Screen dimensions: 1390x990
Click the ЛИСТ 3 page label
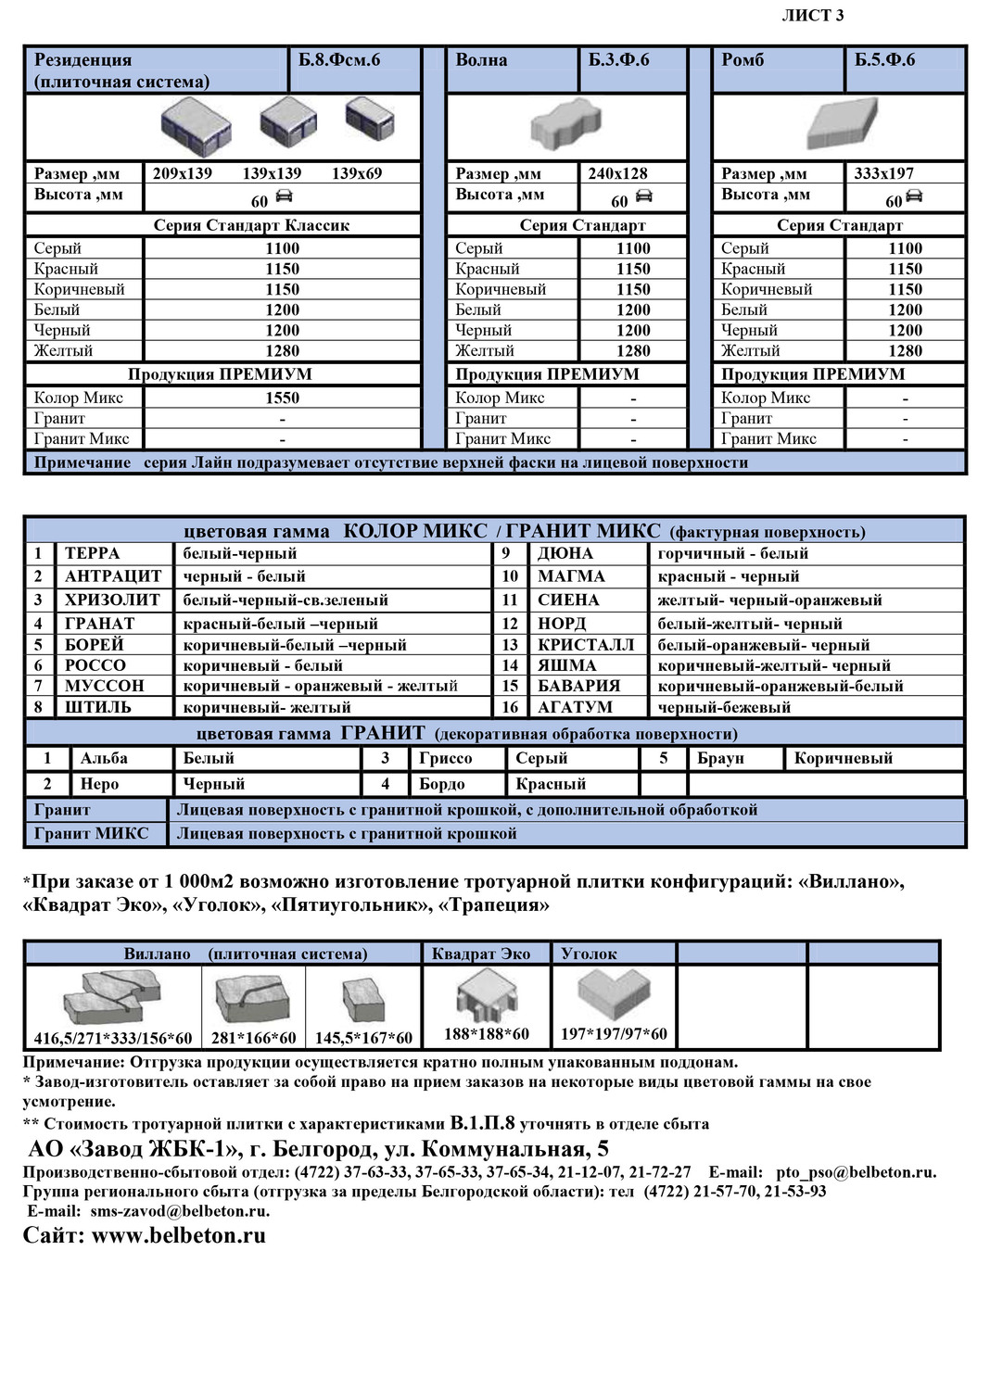click(x=812, y=16)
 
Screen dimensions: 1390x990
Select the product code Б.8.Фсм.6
click(x=339, y=60)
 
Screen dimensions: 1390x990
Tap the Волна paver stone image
click(x=565, y=126)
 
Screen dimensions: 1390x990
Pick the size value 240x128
click(x=617, y=173)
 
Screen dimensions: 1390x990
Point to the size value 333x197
click(x=883, y=173)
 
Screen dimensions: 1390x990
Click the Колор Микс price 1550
click(x=282, y=398)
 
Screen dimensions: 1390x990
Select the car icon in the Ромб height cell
click(x=914, y=196)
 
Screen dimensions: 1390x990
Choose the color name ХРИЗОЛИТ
click(x=112, y=600)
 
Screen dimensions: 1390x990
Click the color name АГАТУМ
click(x=575, y=707)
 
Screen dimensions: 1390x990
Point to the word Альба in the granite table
click(x=104, y=758)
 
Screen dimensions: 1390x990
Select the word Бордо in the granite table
click(x=442, y=784)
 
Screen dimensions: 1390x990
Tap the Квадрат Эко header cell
click(x=481, y=954)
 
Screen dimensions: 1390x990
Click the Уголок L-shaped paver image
click(x=613, y=994)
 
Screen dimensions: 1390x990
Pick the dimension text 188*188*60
click(x=486, y=1033)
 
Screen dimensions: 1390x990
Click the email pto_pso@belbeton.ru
click(x=856, y=1172)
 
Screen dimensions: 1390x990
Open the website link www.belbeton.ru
click(x=179, y=1235)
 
